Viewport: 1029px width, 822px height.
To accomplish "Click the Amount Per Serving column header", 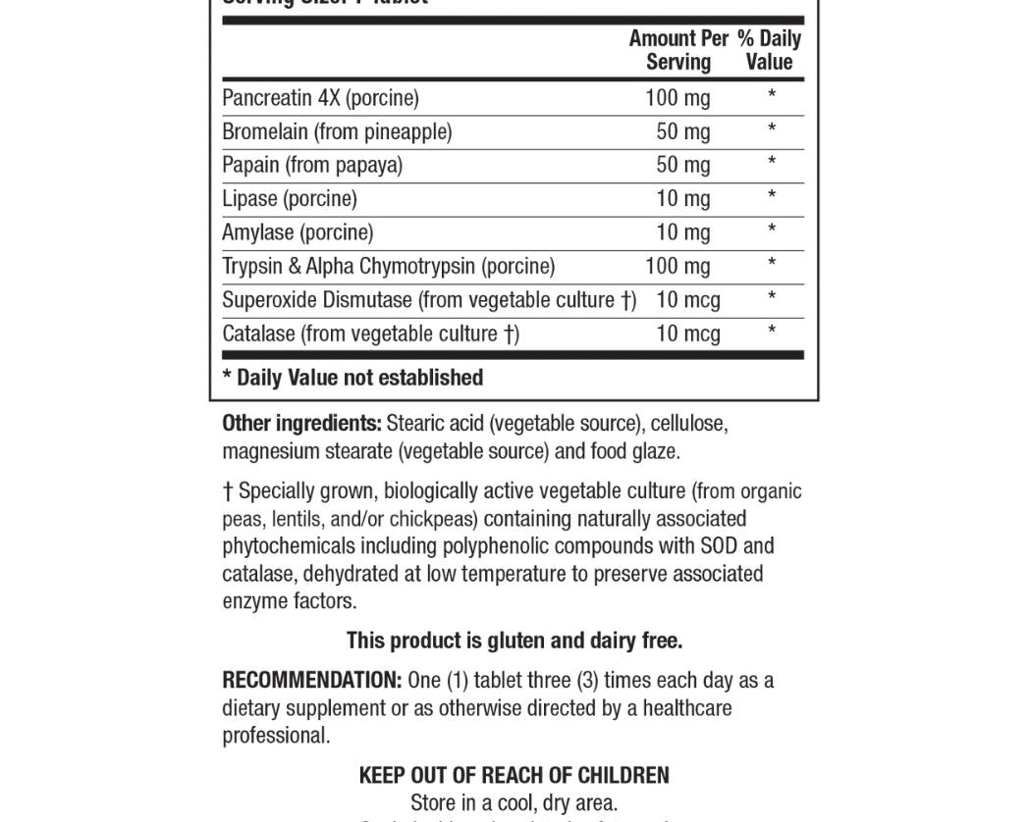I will [678, 50].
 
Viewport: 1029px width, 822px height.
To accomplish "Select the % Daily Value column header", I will [769, 50].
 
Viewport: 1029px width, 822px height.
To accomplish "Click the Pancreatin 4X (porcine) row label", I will [320, 98].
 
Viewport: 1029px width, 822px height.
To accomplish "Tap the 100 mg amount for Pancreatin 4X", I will [677, 98].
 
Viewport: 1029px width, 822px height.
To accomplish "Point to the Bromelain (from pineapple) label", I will [337, 131].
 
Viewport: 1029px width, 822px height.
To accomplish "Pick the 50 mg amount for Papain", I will [682, 165].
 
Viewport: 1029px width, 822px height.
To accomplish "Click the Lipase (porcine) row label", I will [290, 199].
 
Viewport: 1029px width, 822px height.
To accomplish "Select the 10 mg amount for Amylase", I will [682, 232].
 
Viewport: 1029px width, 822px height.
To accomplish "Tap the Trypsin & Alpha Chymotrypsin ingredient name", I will [388, 266].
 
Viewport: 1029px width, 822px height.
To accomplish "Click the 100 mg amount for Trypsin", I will [677, 266].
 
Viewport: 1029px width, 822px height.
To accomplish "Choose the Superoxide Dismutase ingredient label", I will [429, 300].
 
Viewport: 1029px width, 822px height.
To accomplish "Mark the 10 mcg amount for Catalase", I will [687, 334].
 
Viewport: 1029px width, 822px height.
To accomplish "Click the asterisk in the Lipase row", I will [772, 196].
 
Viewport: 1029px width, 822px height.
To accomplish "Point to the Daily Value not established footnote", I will [353, 378].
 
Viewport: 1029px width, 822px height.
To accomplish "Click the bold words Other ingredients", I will [301, 424].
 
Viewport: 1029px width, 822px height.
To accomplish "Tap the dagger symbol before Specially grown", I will [228, 490].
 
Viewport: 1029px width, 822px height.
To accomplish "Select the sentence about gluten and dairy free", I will [514, 641].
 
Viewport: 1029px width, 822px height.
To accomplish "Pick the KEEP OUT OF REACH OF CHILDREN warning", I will [514, 775].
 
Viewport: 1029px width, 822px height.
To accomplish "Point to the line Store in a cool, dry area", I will [514, 803].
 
